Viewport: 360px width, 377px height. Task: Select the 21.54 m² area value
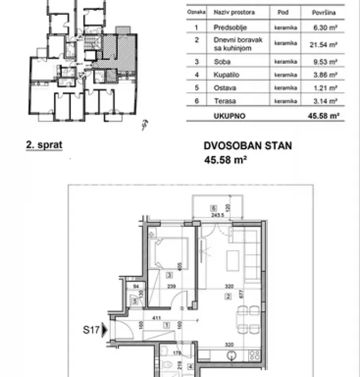pyautogui.click(x=325, y=44)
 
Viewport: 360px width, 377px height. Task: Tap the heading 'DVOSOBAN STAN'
pyautogui.click(x=248, y=147)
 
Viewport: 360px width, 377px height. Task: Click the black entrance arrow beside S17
pyautogui.click(x=106, y=330)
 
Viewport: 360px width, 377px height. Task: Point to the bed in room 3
pyautogui.click(x=168, y=253)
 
